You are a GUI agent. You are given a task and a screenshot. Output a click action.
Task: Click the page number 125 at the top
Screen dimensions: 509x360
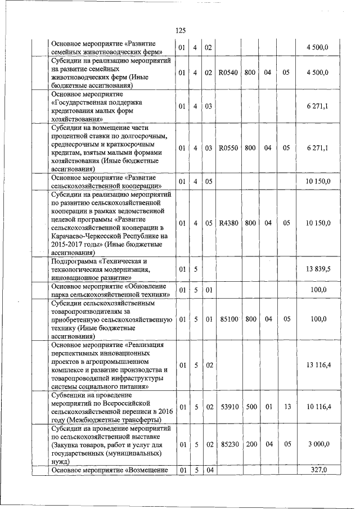[x=180, y=30]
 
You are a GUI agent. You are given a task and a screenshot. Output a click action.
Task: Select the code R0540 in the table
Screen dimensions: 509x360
[x=228, y=72]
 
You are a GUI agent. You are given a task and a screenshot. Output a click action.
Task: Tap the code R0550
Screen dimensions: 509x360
[x=228, y=148]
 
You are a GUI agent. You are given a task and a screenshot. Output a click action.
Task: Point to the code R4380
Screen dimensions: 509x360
[x=228, y=223]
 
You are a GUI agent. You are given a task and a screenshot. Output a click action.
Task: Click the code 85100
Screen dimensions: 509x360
[x=228, y=319]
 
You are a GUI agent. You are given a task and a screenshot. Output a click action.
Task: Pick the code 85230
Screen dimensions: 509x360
[x=228, y=444]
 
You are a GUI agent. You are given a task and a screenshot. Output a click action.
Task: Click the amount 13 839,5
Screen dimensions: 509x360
[x=318, y=269]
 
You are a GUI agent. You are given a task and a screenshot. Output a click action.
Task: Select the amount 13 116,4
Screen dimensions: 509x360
[x=318, y=365]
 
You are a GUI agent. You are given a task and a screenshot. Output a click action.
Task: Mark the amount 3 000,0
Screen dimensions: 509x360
[x=318, y=444]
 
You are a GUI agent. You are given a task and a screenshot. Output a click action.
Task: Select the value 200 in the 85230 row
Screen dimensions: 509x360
[x=251, y=444]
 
